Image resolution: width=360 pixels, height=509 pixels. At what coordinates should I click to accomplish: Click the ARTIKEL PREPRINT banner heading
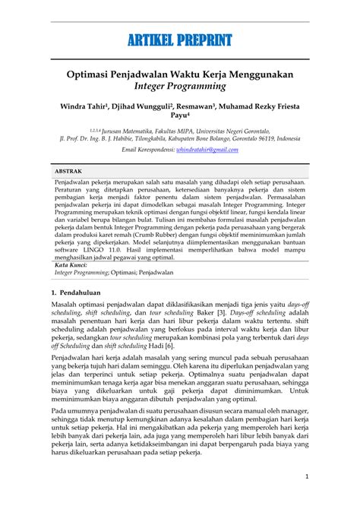point(180,40)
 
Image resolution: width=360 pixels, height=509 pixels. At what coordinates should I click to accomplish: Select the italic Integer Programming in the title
point(180,90)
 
